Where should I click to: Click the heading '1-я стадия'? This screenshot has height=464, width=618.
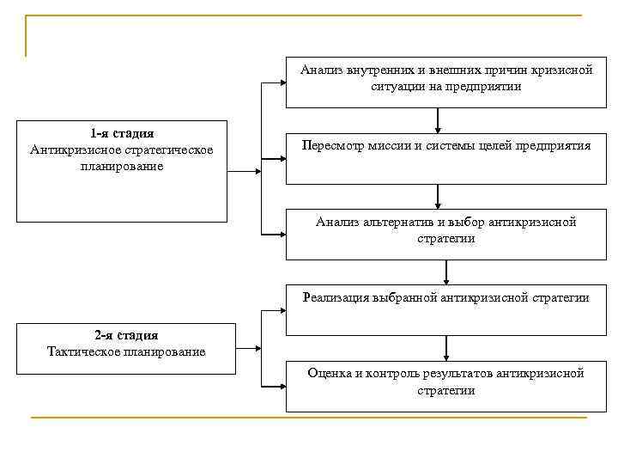tap(122, 134)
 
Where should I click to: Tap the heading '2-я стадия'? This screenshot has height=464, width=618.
tap(126, 335)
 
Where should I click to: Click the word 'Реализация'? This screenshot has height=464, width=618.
tap(336, 297)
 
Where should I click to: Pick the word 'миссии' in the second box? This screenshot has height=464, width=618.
tap(390, 146)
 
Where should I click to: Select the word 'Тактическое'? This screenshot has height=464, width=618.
tap(82, 351)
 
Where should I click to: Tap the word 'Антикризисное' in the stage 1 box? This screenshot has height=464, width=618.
tap(71, 150)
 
